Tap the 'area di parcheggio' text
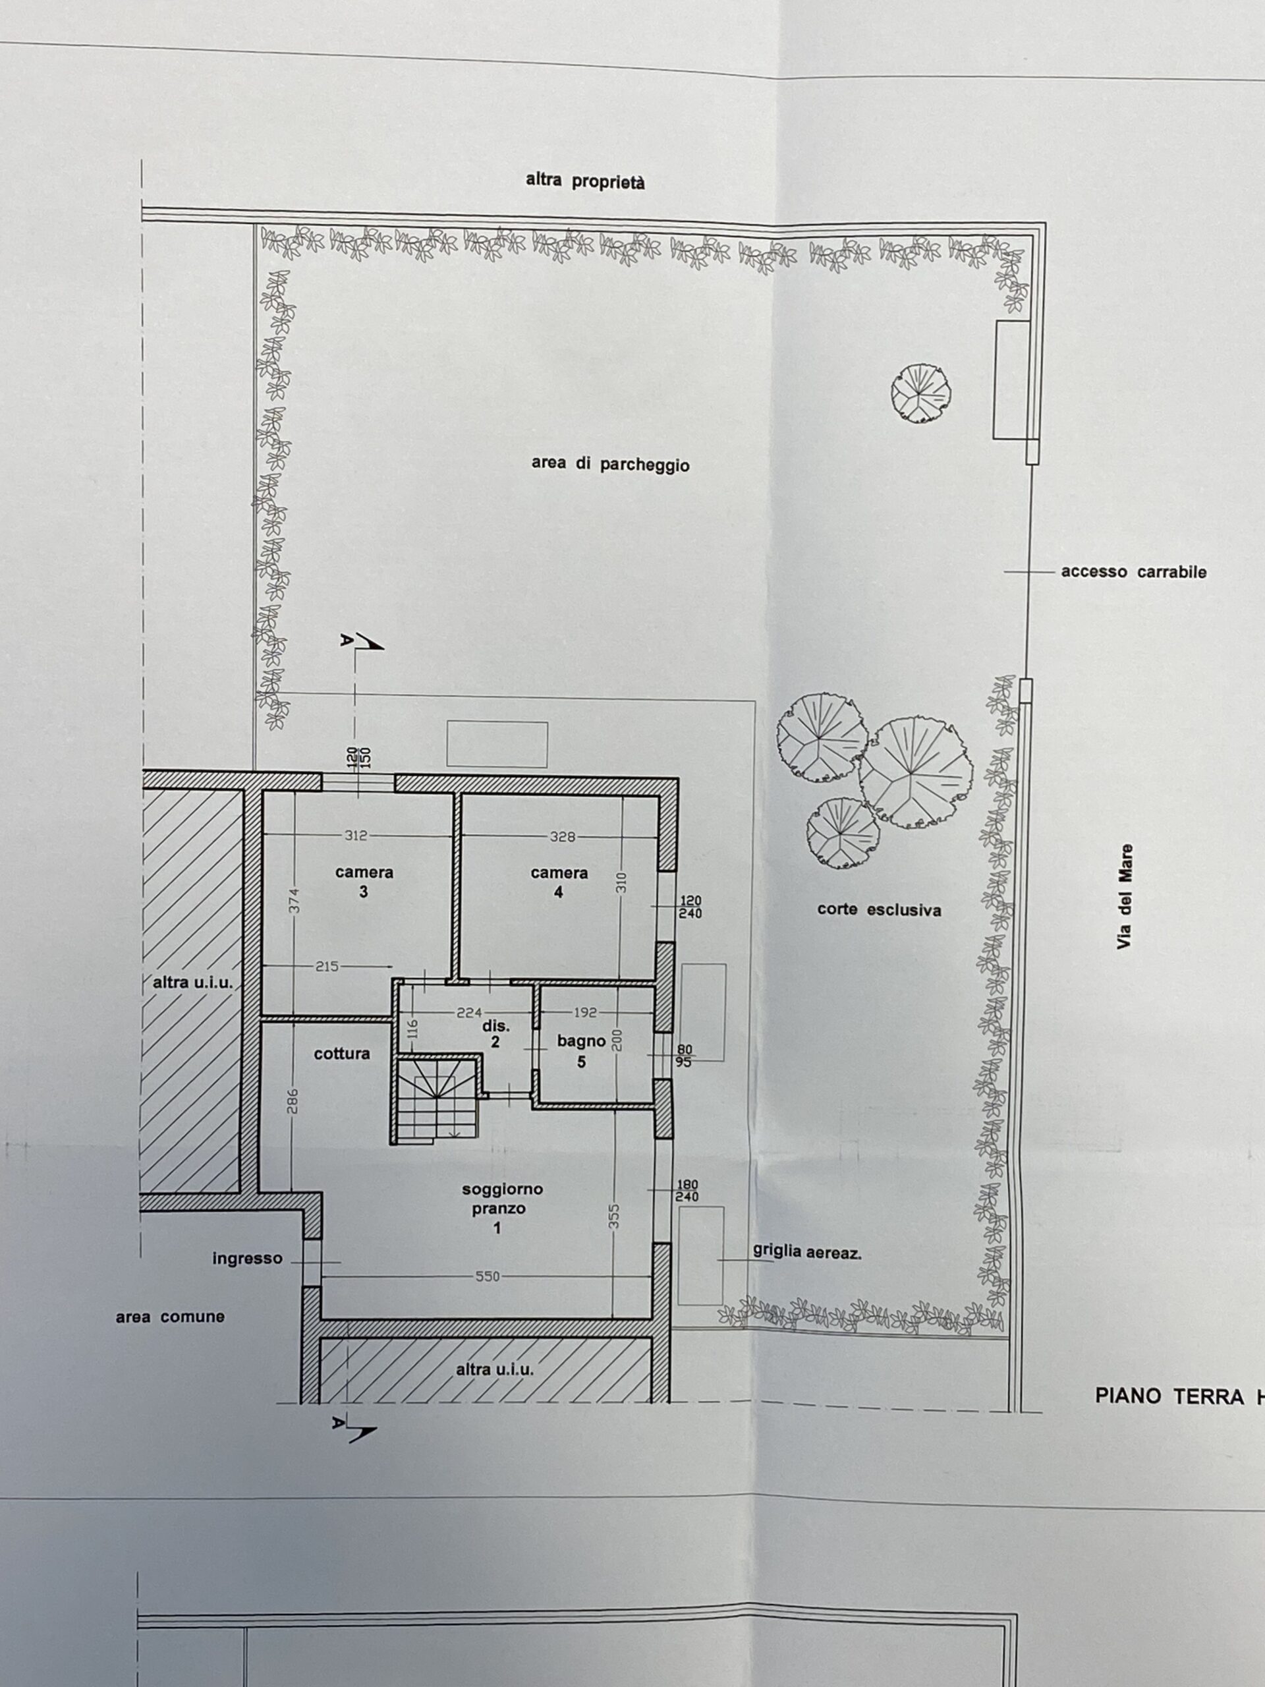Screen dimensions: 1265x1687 pyautogui.click(x=610, y=465)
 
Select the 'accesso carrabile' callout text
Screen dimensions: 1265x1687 pyautogui.click(x=1134, y=572)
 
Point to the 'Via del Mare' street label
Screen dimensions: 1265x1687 pyautogui.click(x=1125, y=896)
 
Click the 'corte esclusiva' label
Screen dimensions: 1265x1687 pyautogui.click(x=879, y=910)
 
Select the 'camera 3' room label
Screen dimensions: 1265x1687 pyautogui.click(x=364, y=882)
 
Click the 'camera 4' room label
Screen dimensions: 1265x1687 pyautogui.click(x=559, y=882)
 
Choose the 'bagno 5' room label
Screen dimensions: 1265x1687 pyautogui.click(x=581, y=1050)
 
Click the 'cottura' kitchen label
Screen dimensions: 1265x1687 pyautogui.click(x=341, y=1054)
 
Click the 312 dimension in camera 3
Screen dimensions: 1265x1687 pyautogui.click(x=356, y=835)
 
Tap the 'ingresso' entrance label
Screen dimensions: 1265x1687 pyautogui.click(x=247, y=1259)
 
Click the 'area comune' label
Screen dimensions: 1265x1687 pyautogui.click(x=170, y=1317)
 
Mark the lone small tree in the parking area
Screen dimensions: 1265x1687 pyautogui.click(x=921, y=392)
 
